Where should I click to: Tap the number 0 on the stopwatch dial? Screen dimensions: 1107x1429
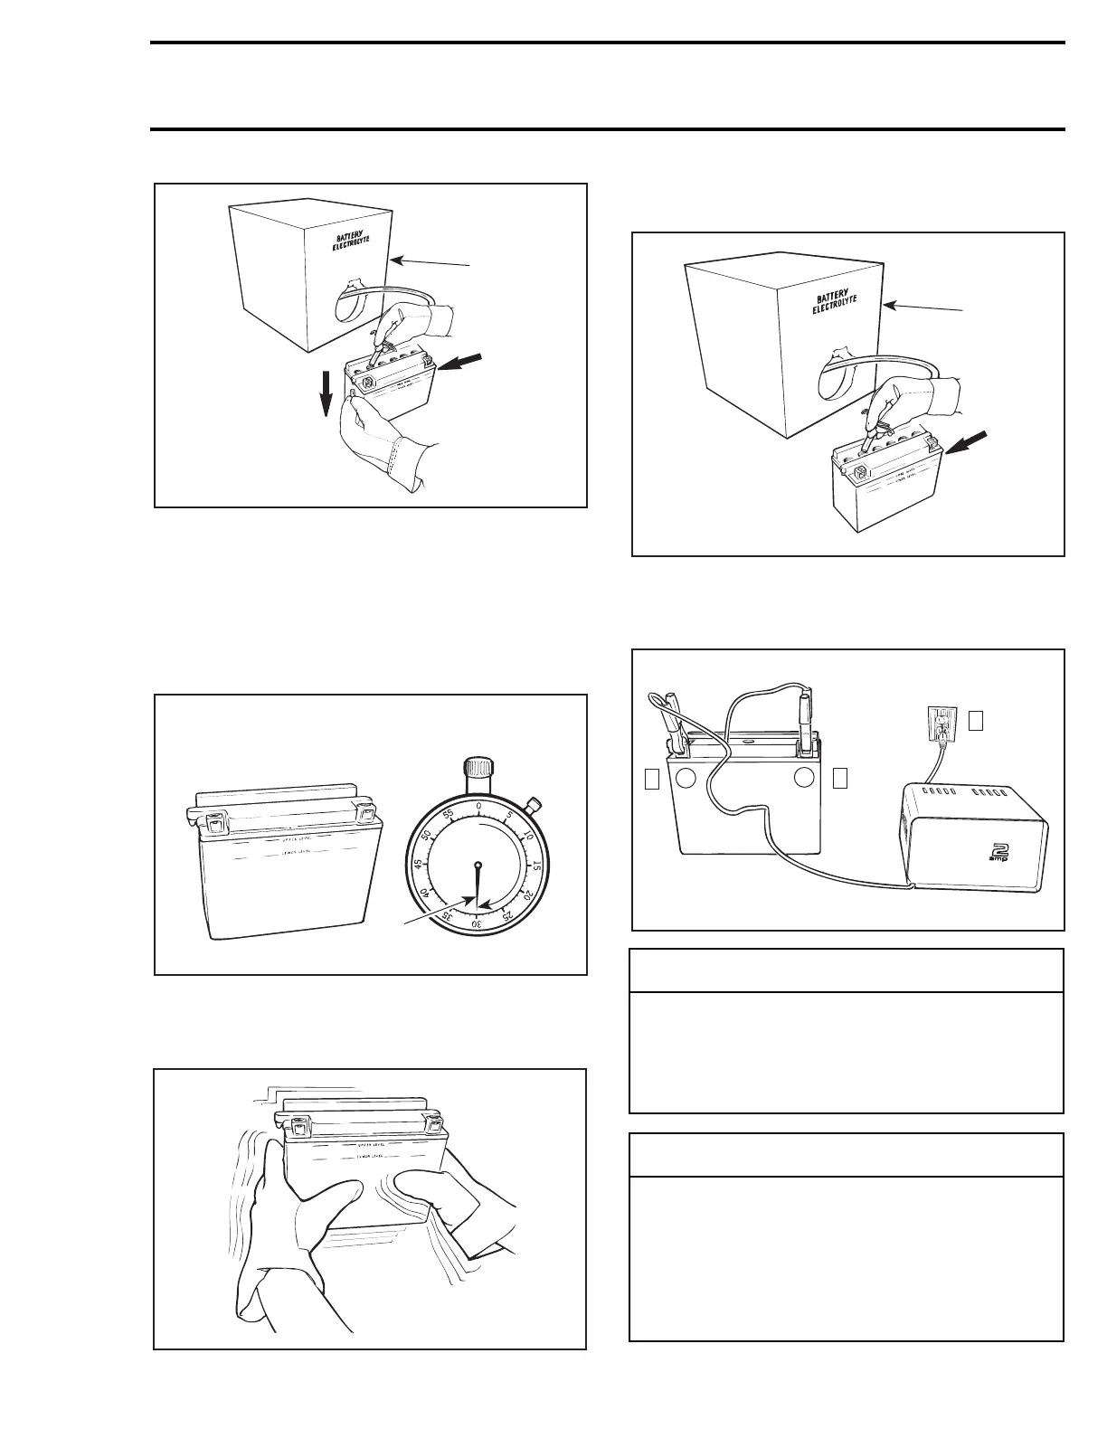tap(478, 806)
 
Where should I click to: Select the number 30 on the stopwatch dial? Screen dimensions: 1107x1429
tap(477, 923)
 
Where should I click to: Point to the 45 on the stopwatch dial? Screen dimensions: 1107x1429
tap(419, 866)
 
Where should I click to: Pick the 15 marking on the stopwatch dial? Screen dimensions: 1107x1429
tap(537, 866)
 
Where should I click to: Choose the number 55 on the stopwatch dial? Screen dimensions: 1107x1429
tap(448, 813)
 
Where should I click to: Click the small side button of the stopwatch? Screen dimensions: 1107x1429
tap(535, 803)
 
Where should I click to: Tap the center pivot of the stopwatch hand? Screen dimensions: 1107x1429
tap(478, 865)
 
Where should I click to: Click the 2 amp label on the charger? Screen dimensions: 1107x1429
tap(1001, 852)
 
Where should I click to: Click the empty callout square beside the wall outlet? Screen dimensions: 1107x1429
tap(975, 720)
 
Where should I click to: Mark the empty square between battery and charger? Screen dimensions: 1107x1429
tap(840, 777)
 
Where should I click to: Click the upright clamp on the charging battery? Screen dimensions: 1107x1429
tap(803, 718)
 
